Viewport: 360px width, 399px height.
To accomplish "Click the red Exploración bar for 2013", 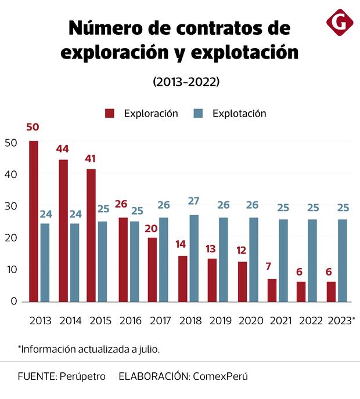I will tap(34, 221).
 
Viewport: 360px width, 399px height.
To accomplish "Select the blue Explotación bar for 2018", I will tap(194, 258).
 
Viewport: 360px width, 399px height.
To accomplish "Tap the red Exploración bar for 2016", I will tap(123, 259).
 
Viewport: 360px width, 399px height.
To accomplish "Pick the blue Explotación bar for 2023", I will tap(343, 260).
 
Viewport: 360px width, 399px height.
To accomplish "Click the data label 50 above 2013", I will tap(33, 127).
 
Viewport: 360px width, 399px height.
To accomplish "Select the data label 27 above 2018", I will tap(194, 201).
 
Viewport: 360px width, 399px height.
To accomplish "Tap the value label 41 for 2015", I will tap(91, 158).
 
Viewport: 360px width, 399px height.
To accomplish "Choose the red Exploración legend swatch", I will tap(110, 113).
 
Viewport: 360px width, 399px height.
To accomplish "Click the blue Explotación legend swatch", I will tap(198, 113).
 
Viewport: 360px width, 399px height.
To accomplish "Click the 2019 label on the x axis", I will tap(220, 320).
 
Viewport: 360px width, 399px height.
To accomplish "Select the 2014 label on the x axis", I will tap(70, 320).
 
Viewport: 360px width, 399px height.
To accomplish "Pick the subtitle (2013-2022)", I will tap(186, 82).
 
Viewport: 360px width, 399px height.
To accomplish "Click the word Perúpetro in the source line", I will tap(82, 376).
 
